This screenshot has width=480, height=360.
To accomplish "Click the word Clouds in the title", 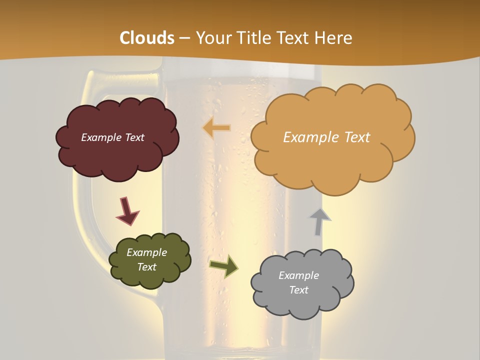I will (x=147, y=38).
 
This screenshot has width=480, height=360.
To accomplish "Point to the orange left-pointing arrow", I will (x=217, y=128).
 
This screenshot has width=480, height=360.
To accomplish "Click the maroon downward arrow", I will (x=127, y=211).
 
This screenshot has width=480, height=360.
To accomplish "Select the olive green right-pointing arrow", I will (x=223, y=266).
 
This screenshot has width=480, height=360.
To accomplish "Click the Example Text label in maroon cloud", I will (x=112, y=137).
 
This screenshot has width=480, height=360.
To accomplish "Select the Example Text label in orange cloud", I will (x=326, y=137).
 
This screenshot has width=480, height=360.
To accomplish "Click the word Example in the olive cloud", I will (x=146, y=252).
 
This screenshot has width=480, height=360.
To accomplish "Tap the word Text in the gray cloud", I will (x=298, y=290).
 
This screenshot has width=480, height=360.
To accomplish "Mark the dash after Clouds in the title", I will (x=184, y=38).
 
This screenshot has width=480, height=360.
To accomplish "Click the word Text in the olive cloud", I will (x=146, y=267).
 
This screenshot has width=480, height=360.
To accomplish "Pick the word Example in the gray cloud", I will (x=298, y=275).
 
